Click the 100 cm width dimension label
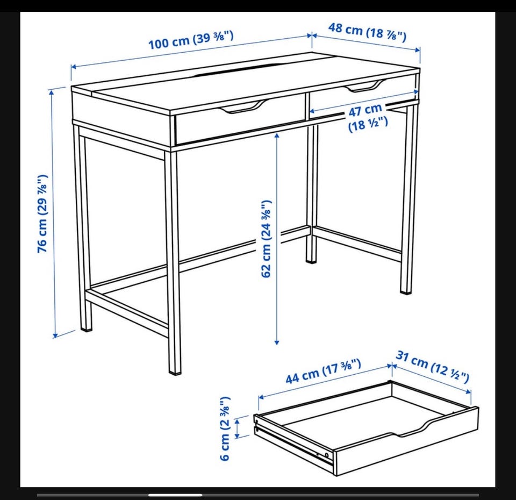[x=191, y=39]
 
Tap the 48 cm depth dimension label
[x=367, y=32]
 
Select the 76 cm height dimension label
[x=43, y=213]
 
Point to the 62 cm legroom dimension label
[x=266, y=239]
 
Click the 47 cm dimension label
[x=367, y=117]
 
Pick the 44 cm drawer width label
[x=323, y=372]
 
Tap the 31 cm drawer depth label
[x=432, y=367]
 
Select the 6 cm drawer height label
[x=225, y=428]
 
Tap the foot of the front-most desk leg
[x=175, y=372]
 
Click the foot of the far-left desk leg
[x=86, y=327]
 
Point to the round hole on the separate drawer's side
[x=327, y=455]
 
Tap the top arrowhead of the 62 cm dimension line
[x=277, y=136]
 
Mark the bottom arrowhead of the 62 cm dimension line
[x=277, y=342]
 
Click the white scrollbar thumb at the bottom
[x=175, y=495]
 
